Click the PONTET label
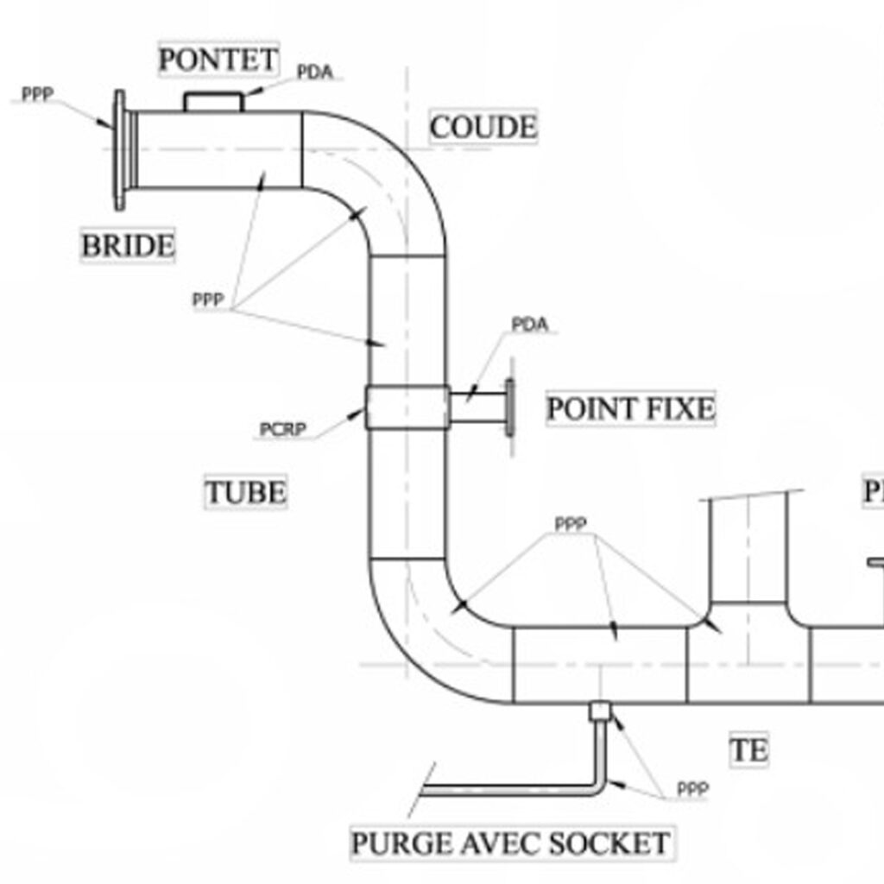(x=219, y=60)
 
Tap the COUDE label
(x=483, y=128)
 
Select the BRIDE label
(x=128, y=246)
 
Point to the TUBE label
(x=245, y=493)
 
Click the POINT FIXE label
(x=631, y=408)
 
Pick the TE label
(x=748, y=750)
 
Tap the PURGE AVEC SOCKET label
(x=510, y=843)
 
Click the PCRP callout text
(x=282, y=429)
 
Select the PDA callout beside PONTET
(x=314, y=73)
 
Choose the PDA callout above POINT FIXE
(x=529, y=325)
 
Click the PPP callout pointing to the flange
(x=37, y=94)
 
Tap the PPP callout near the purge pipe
(x=692, y=789)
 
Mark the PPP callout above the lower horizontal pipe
(x=571, y=524)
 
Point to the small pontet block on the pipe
(x=213, y=102)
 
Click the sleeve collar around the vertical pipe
(x=407, y=407)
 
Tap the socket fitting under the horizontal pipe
(x=599, y=711)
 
